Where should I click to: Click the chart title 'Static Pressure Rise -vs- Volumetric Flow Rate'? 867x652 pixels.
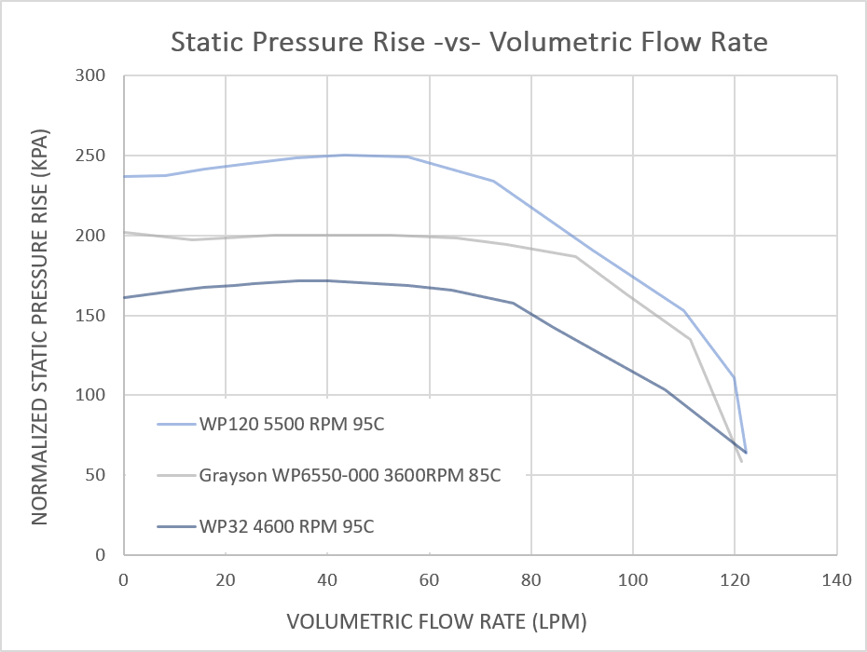pyautogui.click(x=469, y=42)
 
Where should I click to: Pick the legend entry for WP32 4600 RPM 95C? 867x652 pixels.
pyautogui.click(x=286, y=526)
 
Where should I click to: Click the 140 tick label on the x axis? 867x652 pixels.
pyautogui.click(x=836, y=580)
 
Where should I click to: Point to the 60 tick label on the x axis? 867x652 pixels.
pyautogui.click(x=429, y=580)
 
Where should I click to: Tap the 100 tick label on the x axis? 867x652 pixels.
pyautogui.click(x=632, y=580)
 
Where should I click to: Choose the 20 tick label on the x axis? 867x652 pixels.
pyautogui.click(x=226, y=580)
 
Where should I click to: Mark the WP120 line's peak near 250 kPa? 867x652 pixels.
pyautogui.click(x=345, y=155)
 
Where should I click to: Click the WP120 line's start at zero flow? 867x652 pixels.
pyautogui.click(x=124, y=176)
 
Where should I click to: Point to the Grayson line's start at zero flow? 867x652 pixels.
pyautogui.click(x=124, y=232)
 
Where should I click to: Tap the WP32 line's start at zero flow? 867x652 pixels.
pyautogui.click(x=124, y=297)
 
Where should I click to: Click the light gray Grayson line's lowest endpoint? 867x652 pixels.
pyautogui.click(x=741, y=461)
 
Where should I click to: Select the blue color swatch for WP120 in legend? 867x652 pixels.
pyautogui.click(x=175, y=426)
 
